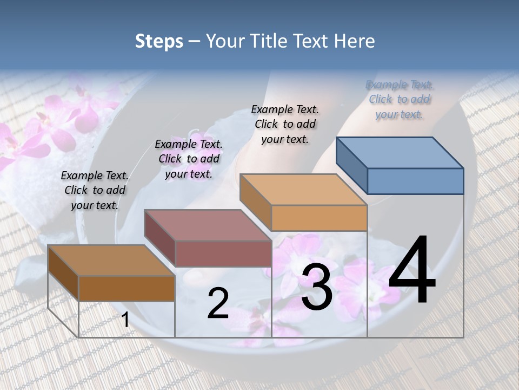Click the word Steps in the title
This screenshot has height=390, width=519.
coord(159,41)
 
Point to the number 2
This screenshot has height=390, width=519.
coord(218,303)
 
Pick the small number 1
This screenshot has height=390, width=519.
coord(125,320)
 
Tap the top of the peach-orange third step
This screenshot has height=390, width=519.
coord(303,190)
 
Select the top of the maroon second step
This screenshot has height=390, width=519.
coord(208,225)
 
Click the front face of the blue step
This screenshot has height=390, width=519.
coord(415,181)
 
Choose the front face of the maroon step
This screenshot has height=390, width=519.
coord(223,253)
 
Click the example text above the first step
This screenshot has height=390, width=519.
coord(95,191)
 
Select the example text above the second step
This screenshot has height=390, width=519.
coord(189,159)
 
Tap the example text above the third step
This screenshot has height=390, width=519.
coord(285,124)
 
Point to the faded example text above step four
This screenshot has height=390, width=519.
coord(400,99)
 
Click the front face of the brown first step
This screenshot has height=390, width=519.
coord(127,288)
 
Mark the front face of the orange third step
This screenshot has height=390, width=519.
coord(319,218)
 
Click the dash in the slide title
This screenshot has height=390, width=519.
coord(194,41)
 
